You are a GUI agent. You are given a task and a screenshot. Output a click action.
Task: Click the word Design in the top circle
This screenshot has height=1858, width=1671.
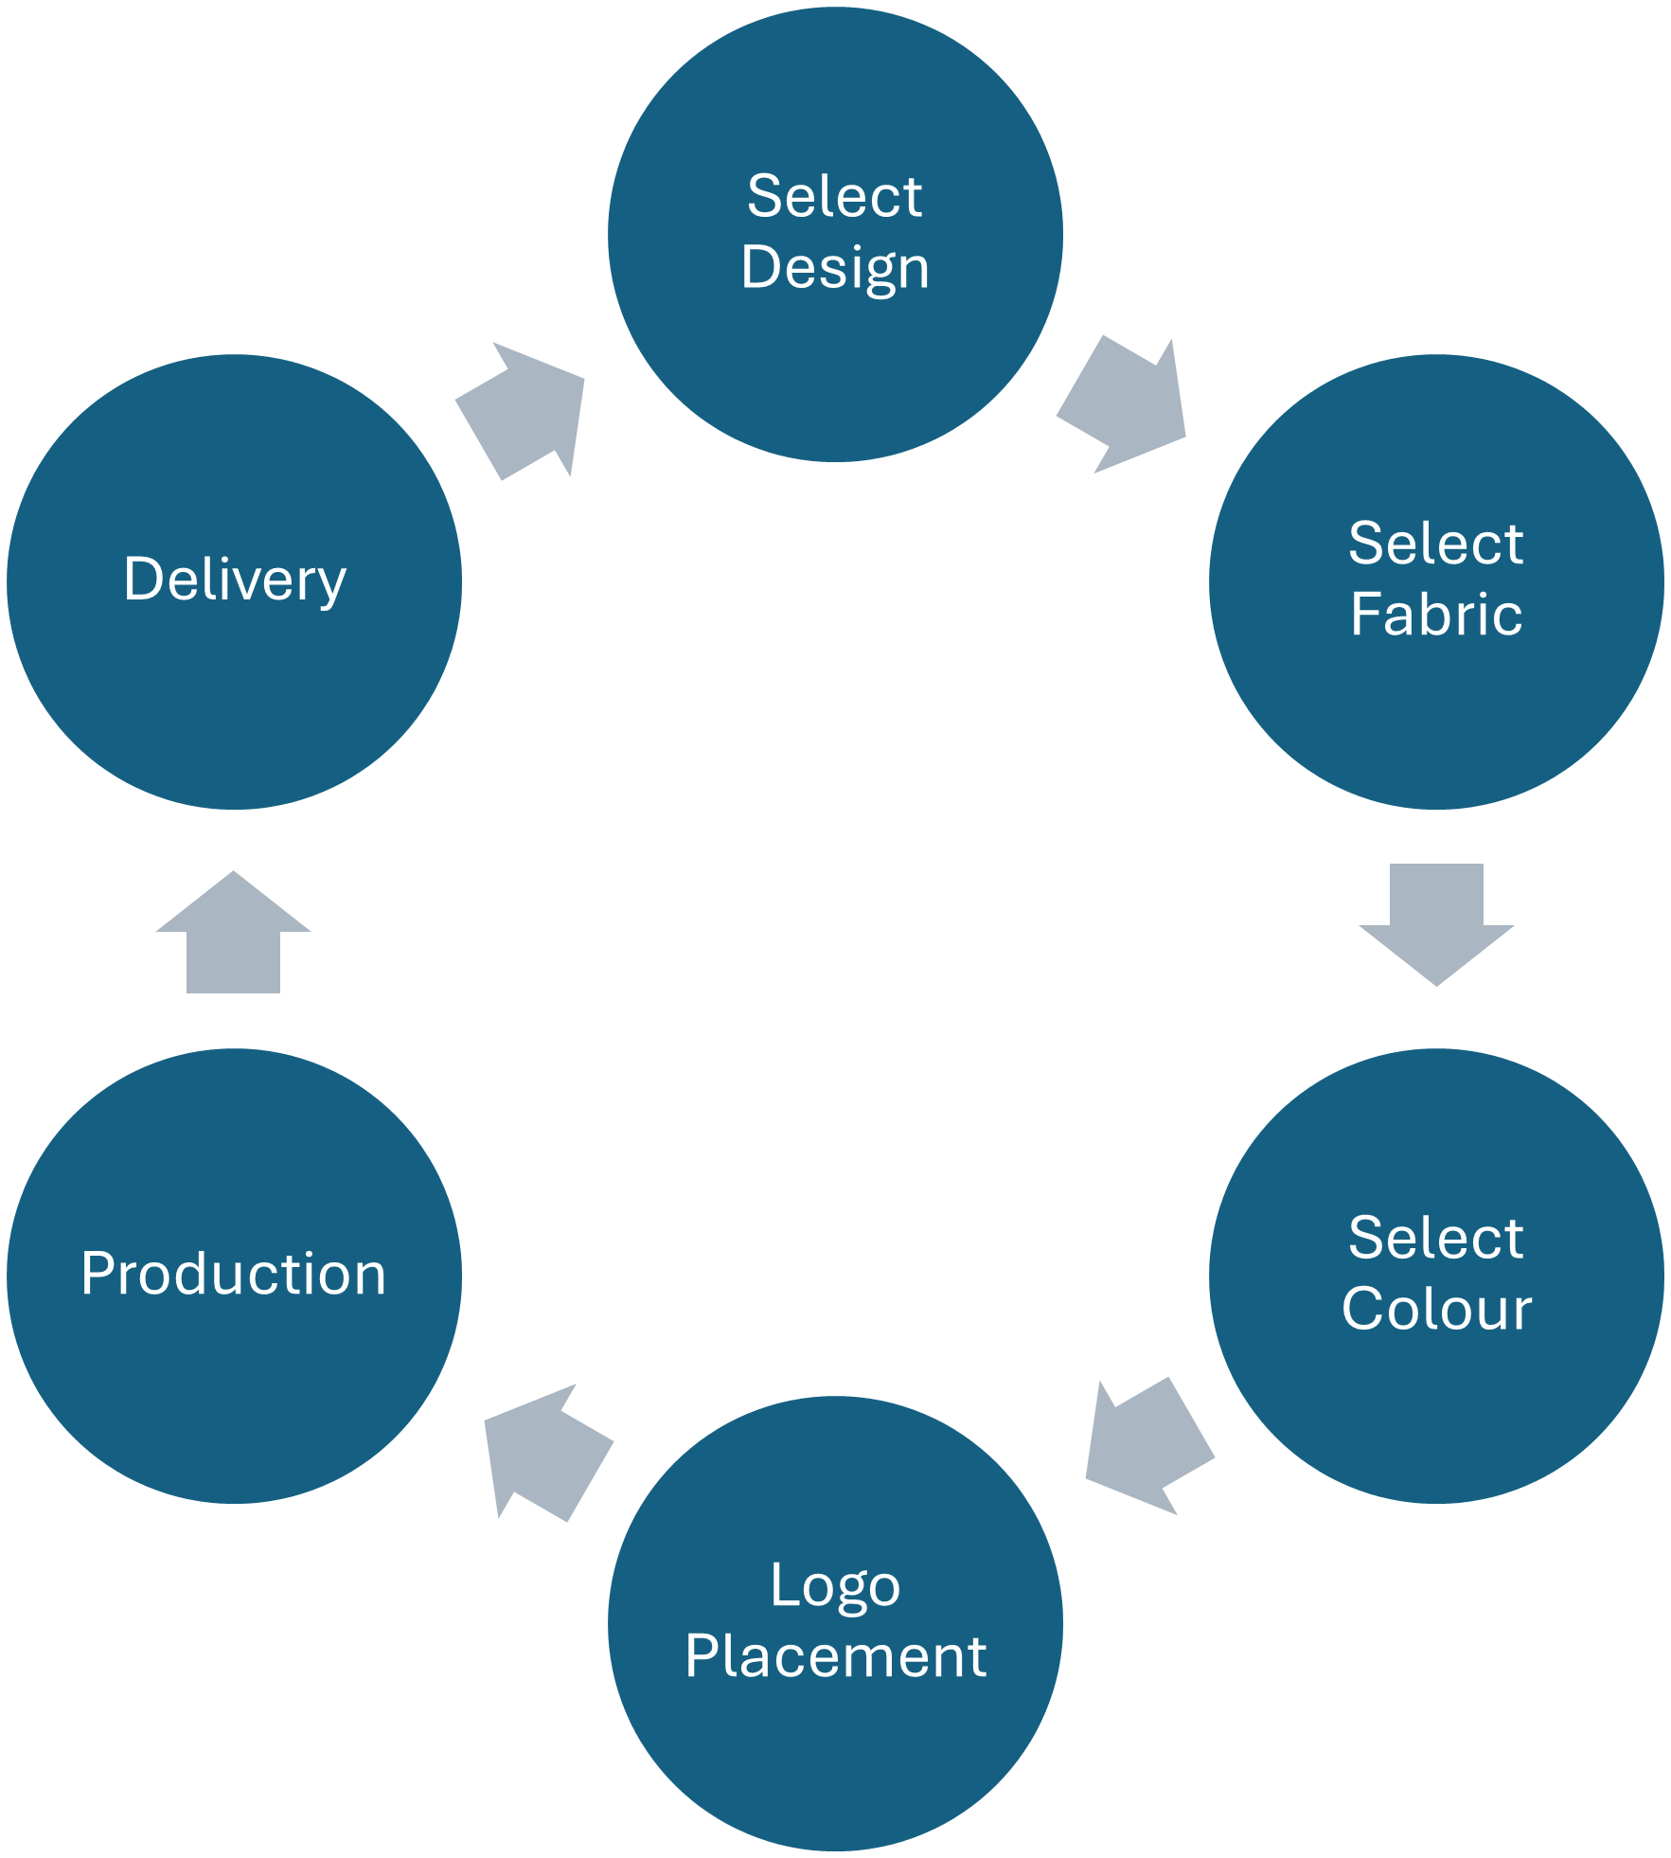(835, 268)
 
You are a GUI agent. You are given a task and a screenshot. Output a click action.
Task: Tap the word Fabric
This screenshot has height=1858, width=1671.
(1435, 615)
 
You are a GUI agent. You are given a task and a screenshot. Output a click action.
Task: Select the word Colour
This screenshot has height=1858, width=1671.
(1436, 1310)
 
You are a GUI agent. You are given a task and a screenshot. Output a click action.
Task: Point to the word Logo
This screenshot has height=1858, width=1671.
(835, 1585)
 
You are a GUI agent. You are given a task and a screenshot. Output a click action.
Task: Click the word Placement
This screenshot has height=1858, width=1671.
(835, 1656)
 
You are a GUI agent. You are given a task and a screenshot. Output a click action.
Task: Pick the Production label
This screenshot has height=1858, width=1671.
(234, 1274)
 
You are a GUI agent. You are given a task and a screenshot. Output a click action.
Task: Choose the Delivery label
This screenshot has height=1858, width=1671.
(235, 580)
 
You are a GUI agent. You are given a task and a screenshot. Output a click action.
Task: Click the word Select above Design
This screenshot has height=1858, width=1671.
(835, 197)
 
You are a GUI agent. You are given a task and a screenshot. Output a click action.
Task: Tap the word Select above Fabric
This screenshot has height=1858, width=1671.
(1435, 545)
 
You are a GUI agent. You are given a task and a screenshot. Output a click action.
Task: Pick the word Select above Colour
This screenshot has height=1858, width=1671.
(1435, 1239)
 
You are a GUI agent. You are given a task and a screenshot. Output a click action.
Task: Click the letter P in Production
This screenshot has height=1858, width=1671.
(98, 1274)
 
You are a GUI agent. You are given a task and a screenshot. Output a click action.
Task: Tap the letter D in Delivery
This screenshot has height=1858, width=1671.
(143, 580)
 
